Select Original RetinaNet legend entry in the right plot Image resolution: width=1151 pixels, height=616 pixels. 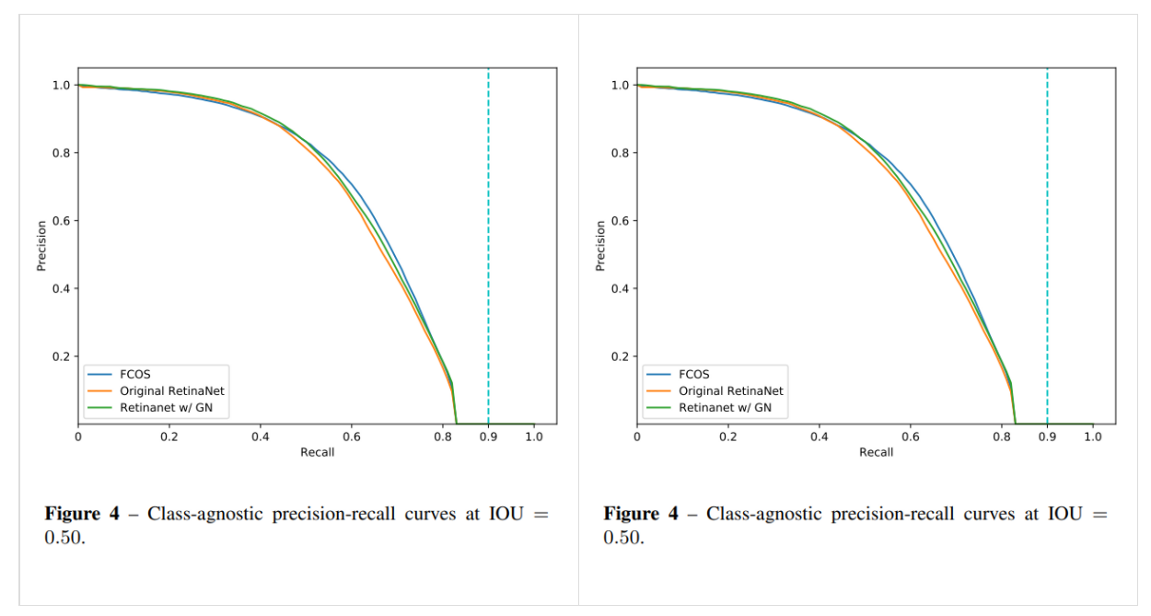pos(730,391)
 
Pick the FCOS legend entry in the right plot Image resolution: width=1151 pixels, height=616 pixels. pos(693,375)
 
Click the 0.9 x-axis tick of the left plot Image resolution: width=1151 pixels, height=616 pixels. pos(488,436)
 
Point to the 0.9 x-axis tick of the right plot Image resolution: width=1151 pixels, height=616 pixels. pos(1047,436)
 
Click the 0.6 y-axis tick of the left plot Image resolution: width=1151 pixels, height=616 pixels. pos(62,221)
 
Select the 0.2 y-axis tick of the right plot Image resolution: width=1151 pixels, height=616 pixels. pos(621,356)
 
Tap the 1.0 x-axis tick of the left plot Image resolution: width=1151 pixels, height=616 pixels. pos(534,436)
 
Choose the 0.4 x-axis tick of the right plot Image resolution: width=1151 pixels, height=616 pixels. pos(819,436)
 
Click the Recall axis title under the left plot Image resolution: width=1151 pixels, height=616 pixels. pos(317,452)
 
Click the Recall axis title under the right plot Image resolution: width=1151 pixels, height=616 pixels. pos(876,452)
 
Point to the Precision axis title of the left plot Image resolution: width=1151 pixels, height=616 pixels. pos(41,246)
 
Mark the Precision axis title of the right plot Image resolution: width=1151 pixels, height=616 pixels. pos(600,246)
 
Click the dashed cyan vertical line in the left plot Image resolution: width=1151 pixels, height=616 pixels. pos(488,230)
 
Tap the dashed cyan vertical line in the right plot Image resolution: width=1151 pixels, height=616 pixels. pos(1047,230)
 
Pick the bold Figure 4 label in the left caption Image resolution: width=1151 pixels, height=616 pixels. pos(82,514)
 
